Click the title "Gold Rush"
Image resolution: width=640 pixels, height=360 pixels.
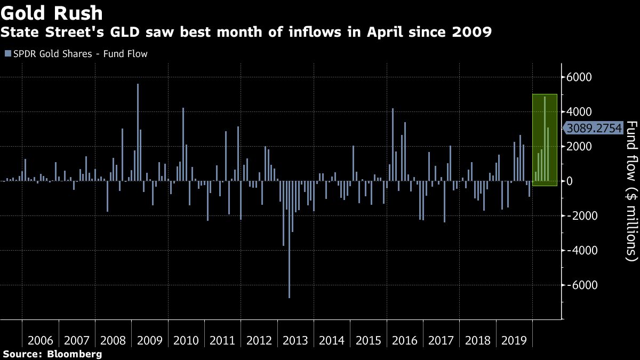[52, 12]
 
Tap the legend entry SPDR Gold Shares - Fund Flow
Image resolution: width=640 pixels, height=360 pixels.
[76, 54]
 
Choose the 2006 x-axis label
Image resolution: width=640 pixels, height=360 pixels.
[40, 340]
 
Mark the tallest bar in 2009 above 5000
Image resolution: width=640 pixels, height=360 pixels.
[138, 133]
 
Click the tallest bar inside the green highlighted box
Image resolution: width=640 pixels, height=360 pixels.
[545, 139]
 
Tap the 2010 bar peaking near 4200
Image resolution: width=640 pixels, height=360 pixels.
[183, 144]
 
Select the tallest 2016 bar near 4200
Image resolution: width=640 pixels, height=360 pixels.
[393, 144]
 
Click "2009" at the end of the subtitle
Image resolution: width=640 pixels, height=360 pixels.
[471, 33]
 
